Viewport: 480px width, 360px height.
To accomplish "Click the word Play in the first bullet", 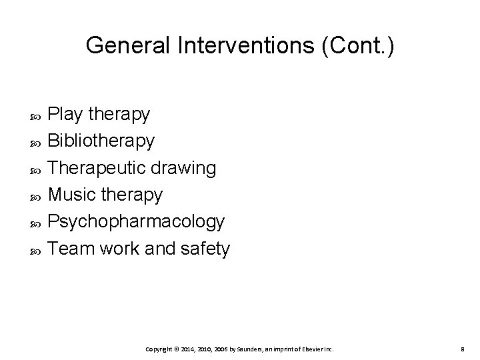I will coord(65,115).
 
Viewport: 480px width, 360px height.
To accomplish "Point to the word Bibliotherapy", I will coord(102,141).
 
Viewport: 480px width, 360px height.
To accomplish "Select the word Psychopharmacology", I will coord(137,222).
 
